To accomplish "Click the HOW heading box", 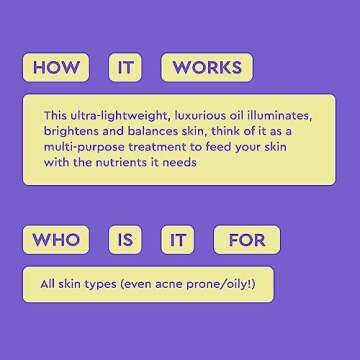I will coord(55,68).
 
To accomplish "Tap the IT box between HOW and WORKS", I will coord(125,68).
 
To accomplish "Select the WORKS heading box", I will coord(207,68).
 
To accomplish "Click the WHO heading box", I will coord(55,240).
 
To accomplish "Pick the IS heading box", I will coord(125,240).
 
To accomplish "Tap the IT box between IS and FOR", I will coord(177,240).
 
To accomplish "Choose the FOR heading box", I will coord(246,240).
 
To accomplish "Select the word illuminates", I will coord(276,115).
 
